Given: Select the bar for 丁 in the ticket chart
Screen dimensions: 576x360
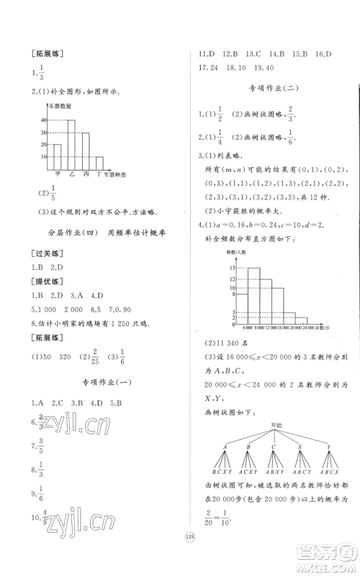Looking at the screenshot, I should [99, 162].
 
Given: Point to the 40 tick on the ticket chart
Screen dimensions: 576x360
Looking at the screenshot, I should [43, 120].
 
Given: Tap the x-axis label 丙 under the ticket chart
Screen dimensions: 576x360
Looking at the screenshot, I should [85, 174].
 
